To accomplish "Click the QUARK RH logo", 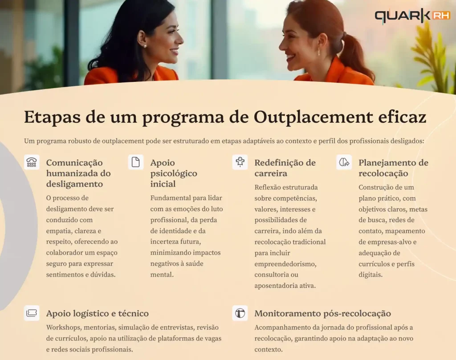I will point(412,16).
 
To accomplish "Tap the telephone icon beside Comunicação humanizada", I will point(32,162).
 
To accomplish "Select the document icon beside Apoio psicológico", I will point(136,162).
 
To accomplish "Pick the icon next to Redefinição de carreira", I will point(240,162).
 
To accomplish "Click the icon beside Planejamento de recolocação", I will point(344,162).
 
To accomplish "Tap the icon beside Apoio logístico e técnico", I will point(32,313).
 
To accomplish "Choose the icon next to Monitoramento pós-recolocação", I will point(240,313).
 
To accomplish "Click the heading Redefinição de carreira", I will point(285,168).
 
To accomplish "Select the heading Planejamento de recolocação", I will point(393,168).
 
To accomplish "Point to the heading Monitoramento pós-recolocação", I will point(322,314).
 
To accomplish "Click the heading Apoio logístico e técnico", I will point(97,314).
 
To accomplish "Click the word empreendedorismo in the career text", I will point(285,264).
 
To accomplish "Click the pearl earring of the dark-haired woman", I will point(145,46).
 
